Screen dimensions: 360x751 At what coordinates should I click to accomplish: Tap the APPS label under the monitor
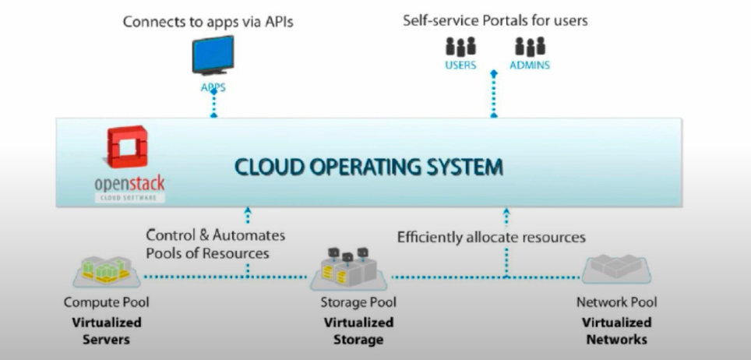tap(213, 87)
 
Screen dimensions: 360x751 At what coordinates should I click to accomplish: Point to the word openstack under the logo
tap(129, 185)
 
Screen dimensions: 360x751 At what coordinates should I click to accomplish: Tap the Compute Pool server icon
tap(105, 270)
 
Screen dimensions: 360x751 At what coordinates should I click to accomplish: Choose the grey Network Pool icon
tap(615, 267)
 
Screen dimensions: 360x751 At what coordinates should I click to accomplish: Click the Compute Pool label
tap(106, 302)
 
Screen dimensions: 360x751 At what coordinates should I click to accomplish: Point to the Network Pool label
tap(616, 302)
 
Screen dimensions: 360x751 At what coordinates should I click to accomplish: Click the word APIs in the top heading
tap(277, 21)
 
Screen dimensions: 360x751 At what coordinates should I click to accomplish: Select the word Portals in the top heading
tap(495, 20)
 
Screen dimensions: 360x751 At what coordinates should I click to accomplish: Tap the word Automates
tap(249, 235)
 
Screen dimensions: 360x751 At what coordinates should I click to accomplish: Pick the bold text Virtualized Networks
tap(616, 330)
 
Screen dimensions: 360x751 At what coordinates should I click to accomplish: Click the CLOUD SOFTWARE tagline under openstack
tap(129, 198)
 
